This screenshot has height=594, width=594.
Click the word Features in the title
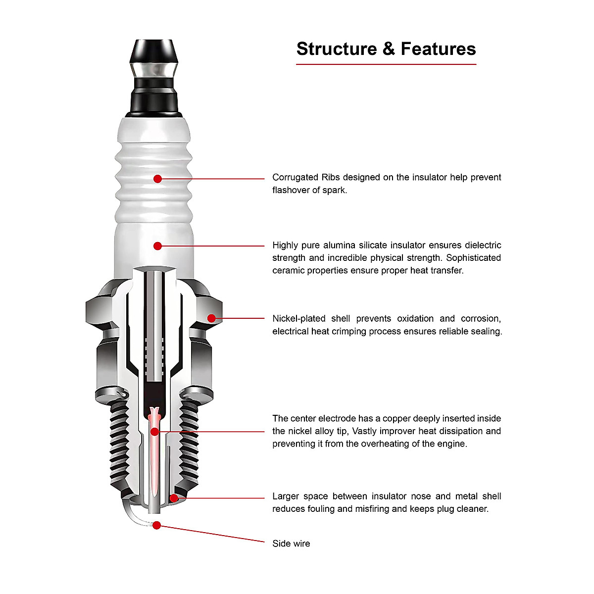pyautogui.click(x=438, y=49)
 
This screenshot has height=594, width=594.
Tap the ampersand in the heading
pyautogui.click(x=389, y=49)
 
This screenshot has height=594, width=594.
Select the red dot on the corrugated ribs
pyautogui.click(x=157, y=179)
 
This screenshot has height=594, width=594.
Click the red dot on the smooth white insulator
pyautogui.click(x=157, y=246)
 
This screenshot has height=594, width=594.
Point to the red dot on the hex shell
pyautogui.click(x=211, y=318)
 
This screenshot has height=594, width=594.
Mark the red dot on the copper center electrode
pyautogui.click(x=154, y=432)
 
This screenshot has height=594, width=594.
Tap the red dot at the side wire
pyautogui.click(x=156, y=525)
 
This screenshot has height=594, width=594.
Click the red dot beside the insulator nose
pyautogui.click(x=174, y=498)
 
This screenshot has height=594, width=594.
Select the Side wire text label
pyautogui.click(x=291, y=544)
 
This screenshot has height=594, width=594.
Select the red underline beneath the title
pyautogui.click(x=386, y=64)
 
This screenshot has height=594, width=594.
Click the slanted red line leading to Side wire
pyautogui.click(x=213, y=534)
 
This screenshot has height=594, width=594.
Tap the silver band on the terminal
pyautogui.click(x=153, y=70)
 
